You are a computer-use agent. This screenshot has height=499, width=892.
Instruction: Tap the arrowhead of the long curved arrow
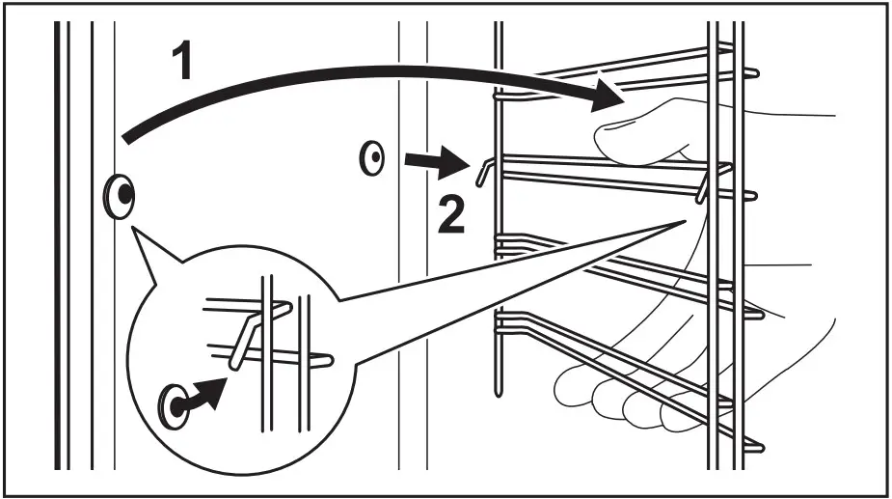click(606, 97)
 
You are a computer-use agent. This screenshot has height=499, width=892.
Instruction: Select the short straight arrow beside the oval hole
click(431, 161)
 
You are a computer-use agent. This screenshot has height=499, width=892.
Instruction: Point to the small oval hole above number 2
click(371, 158)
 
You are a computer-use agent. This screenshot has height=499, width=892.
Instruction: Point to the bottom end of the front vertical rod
click(497, 391)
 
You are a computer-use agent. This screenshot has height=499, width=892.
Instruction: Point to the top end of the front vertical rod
click(497, 27)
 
